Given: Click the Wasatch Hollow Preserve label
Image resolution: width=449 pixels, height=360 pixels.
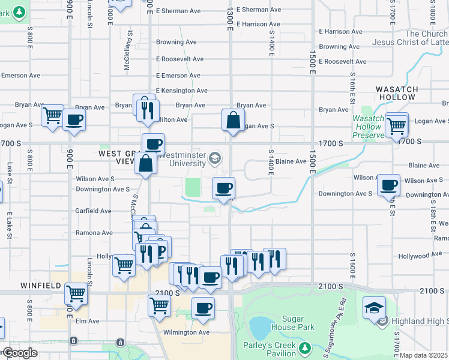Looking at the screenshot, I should coord(367,127).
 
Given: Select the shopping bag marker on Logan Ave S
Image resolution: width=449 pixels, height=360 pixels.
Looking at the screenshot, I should coord(233,121).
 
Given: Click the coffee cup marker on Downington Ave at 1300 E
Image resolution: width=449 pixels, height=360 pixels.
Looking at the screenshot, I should coord(223,189).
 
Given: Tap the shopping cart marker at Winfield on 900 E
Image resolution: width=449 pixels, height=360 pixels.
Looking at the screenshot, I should coord(76,294).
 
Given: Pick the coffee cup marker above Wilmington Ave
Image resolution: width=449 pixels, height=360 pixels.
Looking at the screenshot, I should coord(203,308).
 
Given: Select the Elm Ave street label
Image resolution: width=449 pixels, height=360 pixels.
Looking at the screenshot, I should coord(86,321).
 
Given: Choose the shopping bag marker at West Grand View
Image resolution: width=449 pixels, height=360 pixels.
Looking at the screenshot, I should coord(146,163).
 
